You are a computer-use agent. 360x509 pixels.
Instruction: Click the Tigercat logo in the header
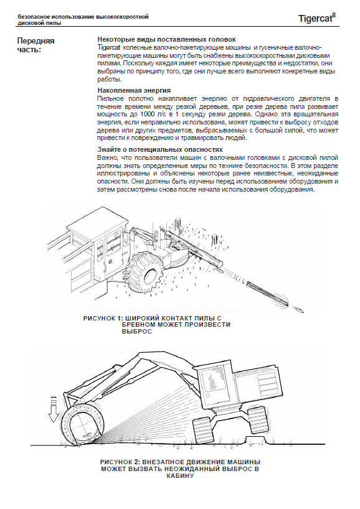coord(316,18)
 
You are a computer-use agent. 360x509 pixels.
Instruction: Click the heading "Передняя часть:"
coord(36,45)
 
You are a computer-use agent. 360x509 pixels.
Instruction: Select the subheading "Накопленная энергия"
coord(134,90)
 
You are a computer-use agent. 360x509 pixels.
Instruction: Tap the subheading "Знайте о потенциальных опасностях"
coord(160,149)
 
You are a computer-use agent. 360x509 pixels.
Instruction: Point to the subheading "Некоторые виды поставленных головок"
coord(167,40)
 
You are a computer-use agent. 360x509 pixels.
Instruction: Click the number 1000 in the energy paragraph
coord(148,114)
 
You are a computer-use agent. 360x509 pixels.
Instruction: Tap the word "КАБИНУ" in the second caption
coord(180,476)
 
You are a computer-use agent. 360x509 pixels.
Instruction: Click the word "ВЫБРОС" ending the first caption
coord(137,332)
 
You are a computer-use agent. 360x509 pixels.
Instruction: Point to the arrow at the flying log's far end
coord(298,309)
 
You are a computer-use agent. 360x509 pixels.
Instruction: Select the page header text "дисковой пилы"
coord(40,24)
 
